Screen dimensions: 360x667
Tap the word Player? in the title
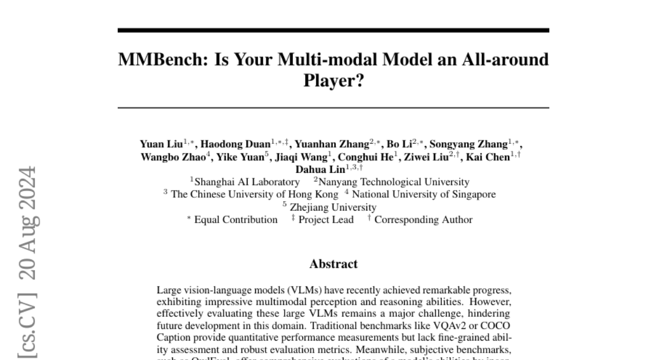(333, 81)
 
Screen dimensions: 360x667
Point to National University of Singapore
(424, 194)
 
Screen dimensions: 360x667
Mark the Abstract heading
(333, 264)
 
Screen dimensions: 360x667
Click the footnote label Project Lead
(326, 219)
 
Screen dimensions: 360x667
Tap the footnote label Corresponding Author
(423, 219)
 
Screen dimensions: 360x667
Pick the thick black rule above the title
(333, 30)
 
